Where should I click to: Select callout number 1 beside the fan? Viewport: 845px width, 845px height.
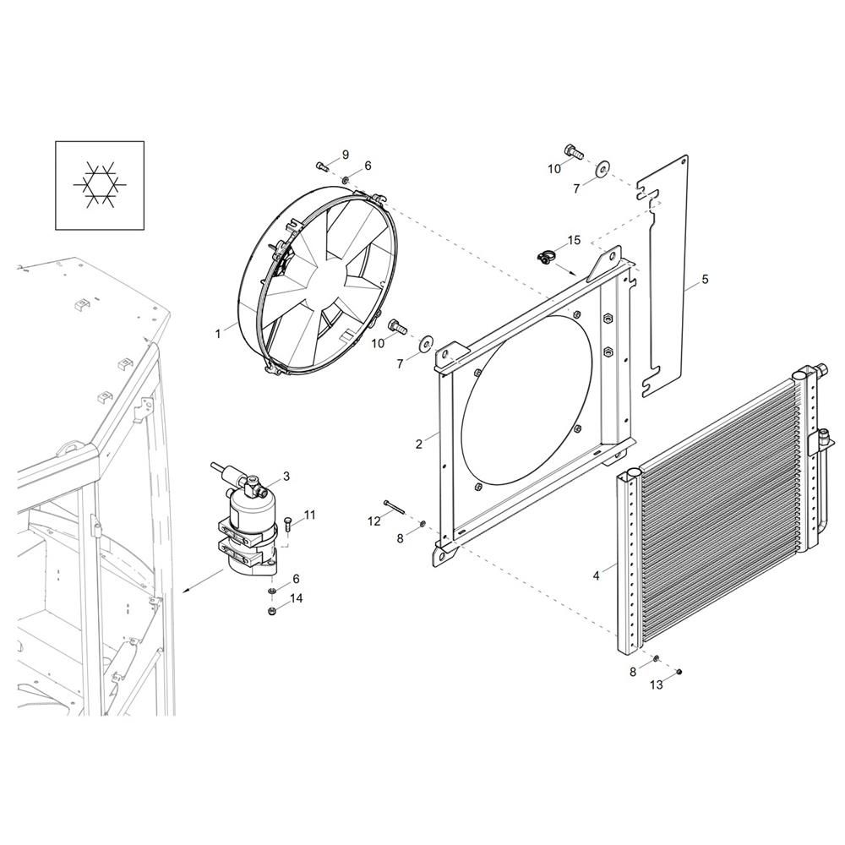point(218,334)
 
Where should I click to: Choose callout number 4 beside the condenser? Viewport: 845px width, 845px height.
point(705,280)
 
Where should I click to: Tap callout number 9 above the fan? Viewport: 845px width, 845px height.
point(345,154)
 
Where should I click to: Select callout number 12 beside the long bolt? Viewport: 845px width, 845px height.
point(374,521)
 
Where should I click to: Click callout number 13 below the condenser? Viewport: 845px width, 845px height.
point(657,685)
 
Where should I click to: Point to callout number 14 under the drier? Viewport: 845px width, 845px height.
point(296,598)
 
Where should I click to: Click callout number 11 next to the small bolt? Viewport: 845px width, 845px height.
point(309,515)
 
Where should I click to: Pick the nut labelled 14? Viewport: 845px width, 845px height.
point(272,610)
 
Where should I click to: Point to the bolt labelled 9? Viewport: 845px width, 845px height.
point(322,165)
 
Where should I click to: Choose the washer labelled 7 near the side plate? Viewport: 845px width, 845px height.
point(602,168)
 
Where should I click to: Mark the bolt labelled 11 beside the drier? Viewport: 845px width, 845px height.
point(287,525)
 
